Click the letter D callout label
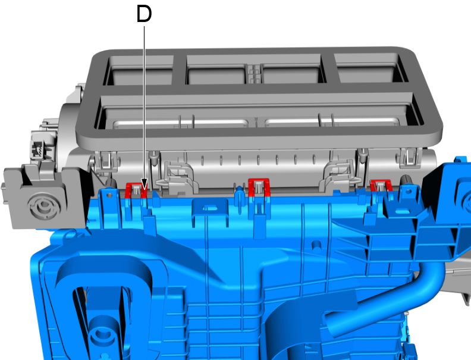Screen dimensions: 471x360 (x=144, y=14)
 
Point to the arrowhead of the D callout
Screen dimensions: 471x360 (x=144, y=184)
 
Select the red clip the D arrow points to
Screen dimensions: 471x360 (x=136, y=190)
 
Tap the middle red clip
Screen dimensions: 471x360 (x=259, y=187)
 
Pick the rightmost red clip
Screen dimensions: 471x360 (x=381, y=186)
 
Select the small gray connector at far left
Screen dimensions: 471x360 (x=38, y=148)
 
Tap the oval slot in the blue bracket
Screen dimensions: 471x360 (x=211, y=208)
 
